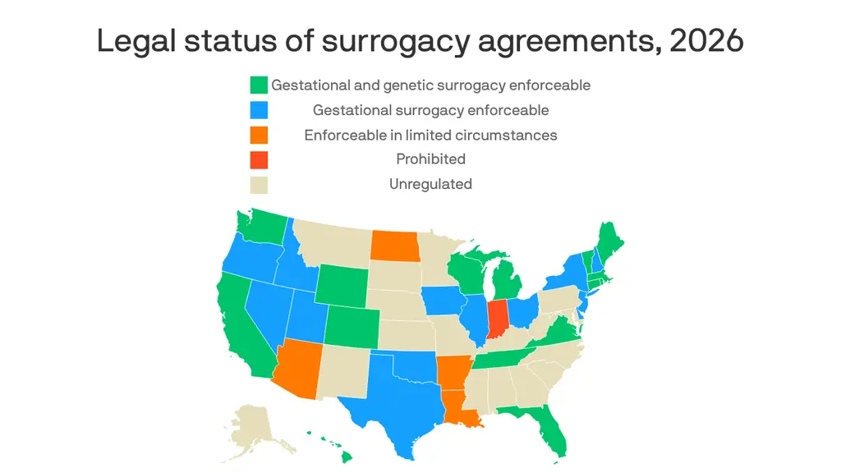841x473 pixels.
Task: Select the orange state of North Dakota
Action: tap(393, 244)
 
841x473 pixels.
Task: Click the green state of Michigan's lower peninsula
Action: tap(507, 284)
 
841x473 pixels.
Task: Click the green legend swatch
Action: tap(259, 85)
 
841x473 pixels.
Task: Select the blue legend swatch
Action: tap(259, 110)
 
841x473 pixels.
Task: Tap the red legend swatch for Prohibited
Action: tap(259, 159)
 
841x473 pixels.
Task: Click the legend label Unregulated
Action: tap(430, 184)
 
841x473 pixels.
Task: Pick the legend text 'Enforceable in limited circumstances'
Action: tap(430, 135)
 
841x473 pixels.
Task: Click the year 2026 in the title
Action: tap(706, 41)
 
